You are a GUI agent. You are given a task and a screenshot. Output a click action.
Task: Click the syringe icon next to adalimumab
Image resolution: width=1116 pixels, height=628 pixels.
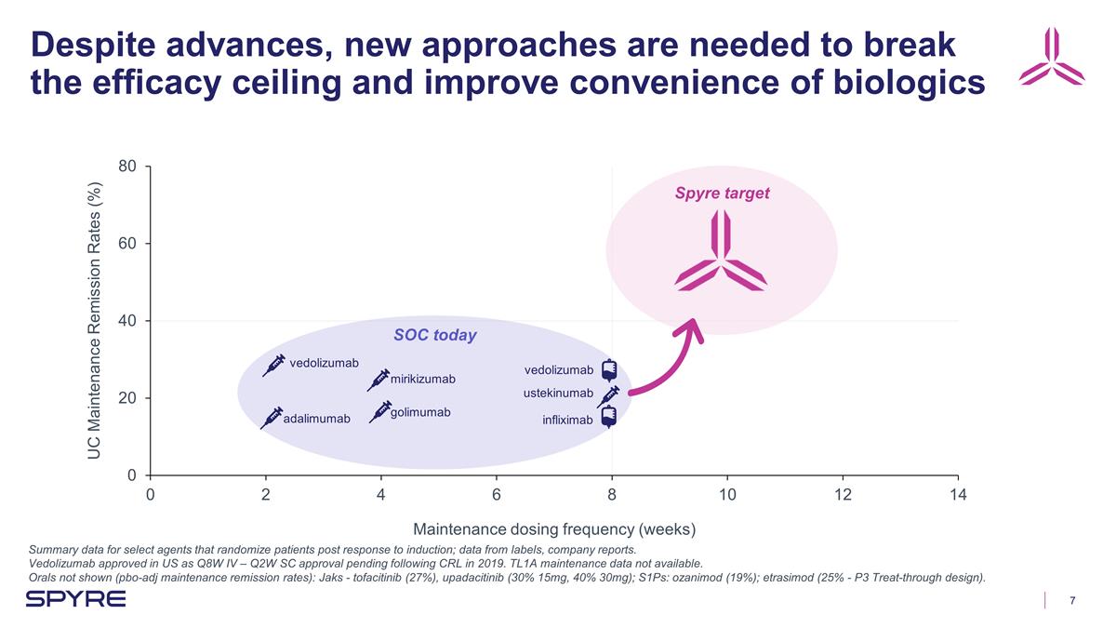(272, 418)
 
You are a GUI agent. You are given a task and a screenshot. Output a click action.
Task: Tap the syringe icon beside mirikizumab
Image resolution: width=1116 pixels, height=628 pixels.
(379, 380)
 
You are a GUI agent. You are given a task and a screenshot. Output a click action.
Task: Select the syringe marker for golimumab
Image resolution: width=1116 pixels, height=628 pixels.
(380, 411)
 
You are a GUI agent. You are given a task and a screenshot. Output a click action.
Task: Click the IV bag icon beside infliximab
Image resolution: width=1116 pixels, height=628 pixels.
(609, 418)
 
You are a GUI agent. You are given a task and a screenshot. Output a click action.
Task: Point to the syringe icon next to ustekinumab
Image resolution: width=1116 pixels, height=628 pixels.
(608, 396)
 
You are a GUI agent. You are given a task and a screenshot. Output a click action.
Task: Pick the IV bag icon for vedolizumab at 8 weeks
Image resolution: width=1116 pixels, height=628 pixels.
(609, 371)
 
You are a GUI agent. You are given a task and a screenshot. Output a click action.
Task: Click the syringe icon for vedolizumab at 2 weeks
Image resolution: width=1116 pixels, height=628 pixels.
(273, 365)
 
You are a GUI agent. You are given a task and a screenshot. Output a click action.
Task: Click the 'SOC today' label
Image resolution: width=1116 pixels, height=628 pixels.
(435, 335)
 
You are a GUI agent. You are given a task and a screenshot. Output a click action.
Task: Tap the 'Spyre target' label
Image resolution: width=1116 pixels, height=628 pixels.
(722, 194)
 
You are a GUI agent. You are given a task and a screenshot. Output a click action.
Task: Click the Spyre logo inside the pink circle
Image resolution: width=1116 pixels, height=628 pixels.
(721, 251)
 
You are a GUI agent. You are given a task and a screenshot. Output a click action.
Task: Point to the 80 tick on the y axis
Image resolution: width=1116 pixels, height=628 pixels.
(128, 167)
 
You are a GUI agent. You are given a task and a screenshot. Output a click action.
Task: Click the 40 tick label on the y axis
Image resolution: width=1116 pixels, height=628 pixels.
(128, 321)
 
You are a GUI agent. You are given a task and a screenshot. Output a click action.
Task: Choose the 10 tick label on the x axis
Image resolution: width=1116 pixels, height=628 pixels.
(727, 495)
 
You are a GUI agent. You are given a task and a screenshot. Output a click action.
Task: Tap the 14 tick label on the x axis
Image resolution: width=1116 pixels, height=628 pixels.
(958, 495)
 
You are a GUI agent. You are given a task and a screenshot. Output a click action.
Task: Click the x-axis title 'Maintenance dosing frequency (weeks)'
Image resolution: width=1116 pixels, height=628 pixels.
(554, 529)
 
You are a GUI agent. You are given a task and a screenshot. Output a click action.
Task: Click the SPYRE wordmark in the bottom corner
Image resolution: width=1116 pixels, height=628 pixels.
(75, 600)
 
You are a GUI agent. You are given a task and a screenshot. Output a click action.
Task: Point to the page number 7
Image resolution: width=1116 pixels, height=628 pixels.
(1072, 600)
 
